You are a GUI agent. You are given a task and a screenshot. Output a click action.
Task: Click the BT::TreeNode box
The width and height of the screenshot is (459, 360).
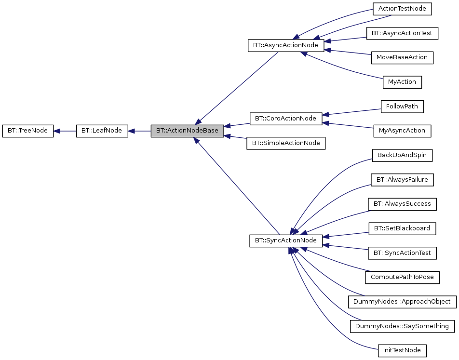[28, 131]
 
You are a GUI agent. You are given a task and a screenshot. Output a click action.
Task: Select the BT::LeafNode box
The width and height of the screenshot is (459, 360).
[102, 131]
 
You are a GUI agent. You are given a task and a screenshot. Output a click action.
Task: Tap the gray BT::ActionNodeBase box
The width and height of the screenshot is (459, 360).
[187, 131]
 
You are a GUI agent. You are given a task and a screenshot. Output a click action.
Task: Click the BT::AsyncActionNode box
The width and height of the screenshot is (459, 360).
[285, 46]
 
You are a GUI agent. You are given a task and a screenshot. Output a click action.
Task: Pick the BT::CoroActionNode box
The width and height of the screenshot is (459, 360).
[285, 119]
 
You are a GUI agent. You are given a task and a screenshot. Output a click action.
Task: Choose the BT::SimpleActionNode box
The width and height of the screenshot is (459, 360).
[286, 143]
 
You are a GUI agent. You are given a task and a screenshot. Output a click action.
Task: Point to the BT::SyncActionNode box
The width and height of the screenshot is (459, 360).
[286, 240]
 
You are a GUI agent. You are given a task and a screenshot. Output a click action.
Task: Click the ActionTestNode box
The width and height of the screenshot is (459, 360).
[402, 9]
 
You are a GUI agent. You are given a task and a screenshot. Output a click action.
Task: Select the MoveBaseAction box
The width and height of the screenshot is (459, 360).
[402, 57]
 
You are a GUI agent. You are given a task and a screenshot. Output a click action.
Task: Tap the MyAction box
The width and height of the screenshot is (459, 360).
[402, 82]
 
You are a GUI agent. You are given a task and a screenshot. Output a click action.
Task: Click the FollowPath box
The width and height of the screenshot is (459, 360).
[402, 107]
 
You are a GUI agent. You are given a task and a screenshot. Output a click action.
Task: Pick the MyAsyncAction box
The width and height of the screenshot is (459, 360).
[402, 131]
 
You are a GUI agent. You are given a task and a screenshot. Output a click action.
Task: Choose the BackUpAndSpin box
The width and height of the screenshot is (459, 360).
[402, 155]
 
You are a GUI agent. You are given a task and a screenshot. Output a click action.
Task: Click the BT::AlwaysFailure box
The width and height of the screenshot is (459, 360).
[402, 180]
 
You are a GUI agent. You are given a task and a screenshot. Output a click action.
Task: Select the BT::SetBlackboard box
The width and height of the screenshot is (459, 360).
[402, 228]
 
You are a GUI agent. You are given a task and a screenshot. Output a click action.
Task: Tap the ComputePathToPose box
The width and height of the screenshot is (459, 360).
[402, 277]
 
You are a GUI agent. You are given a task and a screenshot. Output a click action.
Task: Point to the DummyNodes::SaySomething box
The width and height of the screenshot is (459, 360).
[402, 326]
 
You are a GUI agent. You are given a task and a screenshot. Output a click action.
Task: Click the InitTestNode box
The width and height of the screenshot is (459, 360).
[402, 350]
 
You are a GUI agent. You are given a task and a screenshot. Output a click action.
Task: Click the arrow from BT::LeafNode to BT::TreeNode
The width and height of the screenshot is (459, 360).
[65, 131]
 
